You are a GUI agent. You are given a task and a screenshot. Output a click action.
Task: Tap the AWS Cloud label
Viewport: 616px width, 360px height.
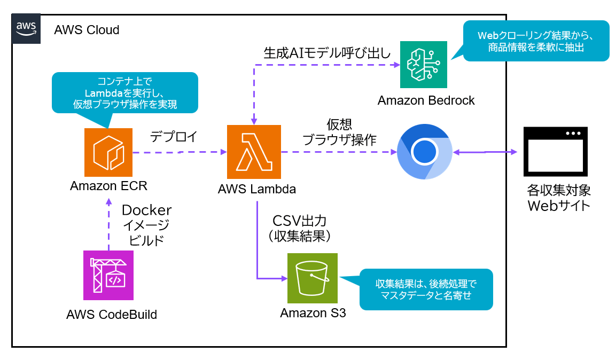pos(87,29)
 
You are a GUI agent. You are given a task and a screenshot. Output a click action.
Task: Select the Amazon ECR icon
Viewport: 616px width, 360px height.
pos(108,153)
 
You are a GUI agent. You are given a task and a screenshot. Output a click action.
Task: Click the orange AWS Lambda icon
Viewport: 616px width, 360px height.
pos(254,152)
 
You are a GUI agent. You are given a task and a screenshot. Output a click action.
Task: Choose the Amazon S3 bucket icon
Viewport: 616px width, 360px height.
pos(313,278)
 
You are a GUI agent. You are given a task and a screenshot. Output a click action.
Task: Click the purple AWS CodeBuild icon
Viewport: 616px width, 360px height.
pos(109,276)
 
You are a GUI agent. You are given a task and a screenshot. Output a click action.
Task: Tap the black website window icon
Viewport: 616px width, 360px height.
pos(556,152)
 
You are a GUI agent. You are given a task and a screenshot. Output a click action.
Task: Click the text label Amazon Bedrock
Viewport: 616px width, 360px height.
pos(426,100)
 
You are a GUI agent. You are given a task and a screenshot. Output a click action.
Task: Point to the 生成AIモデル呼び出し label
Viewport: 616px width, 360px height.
pos(327,53)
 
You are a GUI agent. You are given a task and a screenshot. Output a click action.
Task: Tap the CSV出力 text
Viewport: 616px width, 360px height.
pos(299,220)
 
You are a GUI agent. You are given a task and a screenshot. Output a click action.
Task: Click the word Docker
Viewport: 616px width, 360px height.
pos(147,209)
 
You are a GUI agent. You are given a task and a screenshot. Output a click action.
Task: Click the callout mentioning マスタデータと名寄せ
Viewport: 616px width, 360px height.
pos(425,289)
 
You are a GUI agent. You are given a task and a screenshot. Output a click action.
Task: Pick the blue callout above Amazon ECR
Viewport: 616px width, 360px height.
pos(124,92)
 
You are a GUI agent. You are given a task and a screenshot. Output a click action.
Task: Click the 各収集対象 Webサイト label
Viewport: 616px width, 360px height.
pos(559,198)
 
